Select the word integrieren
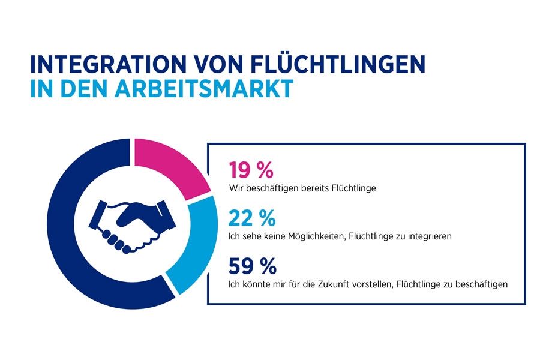[425, 236]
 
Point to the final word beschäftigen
[479, 284]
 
